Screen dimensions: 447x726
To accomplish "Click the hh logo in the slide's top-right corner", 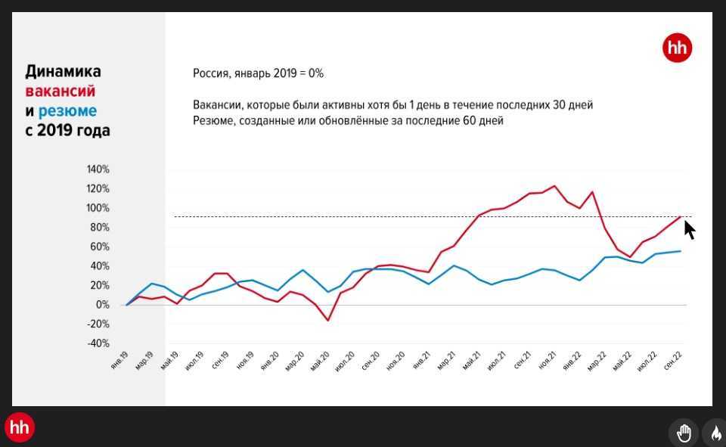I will (x=677, y=48).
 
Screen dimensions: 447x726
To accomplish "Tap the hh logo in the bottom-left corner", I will (x=20, y=427).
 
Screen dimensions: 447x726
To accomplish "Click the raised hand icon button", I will (x=684, y=433).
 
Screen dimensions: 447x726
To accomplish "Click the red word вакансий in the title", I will (x=60, y=91).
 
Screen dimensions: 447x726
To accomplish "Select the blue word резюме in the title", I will (x=67, y=110).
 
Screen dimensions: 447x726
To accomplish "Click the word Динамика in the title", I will (x=63, y=71).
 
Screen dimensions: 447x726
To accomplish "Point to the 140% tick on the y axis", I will (x=98, y=169).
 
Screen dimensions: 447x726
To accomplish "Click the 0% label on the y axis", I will (x=102, y=305).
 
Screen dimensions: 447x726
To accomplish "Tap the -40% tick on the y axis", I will (x=98, y=343).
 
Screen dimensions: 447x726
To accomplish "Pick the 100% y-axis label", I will (x=98, y=208).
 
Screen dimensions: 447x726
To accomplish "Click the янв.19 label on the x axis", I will (x=119, y=361).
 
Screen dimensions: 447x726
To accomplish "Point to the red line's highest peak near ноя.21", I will (x=554, y=185).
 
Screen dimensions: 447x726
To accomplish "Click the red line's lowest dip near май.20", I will (x=328, y=321).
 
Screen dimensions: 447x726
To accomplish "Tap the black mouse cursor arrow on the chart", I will (x=689, y=230).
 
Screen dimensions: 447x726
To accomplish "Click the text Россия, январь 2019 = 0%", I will (x=258, y=73).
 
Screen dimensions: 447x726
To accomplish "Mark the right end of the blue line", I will (x=681, y=251).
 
